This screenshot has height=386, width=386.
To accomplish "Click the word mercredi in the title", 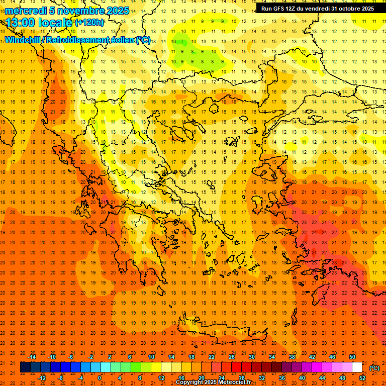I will coord(26,11).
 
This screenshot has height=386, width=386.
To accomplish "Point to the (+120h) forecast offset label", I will coord(90,23).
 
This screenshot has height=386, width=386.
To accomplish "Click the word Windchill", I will coord(23,40).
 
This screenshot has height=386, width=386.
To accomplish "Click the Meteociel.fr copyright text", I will coord(214,382).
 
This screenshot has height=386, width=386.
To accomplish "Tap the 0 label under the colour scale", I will coord(100,377).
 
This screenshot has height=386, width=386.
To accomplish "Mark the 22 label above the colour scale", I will coord(211,357).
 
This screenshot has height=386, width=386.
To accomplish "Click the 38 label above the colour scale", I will coord(292,357).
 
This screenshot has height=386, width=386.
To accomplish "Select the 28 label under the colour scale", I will coord(241,377).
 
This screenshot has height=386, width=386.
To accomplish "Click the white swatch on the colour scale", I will coord(357,367).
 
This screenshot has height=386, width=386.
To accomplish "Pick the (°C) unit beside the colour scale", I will coord(374,368).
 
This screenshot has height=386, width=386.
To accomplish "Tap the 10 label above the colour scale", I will coord(151,357).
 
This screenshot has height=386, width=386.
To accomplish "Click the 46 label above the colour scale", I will coord(332,357).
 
